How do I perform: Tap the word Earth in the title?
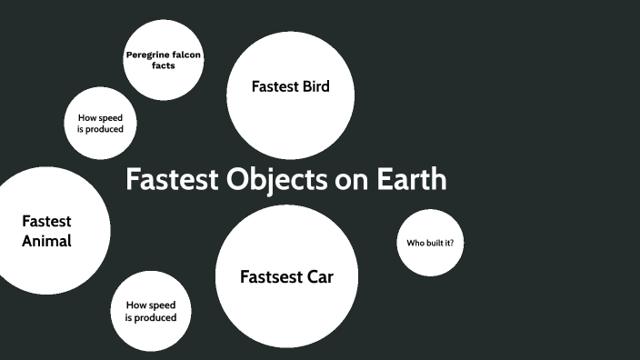click(x=412, y=180)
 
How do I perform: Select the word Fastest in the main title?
click(x=172, y=180)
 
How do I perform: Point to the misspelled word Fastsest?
click(x=268, y=276)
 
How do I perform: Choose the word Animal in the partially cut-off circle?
click(x=46, y=242)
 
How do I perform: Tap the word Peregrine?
click(x=145, y=56)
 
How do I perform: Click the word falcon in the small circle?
click(x=185, y=56)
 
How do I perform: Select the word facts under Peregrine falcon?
click(x=164, y=66)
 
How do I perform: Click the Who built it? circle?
click(x=430, y=243)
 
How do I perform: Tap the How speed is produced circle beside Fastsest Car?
click(x=150, y=312)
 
